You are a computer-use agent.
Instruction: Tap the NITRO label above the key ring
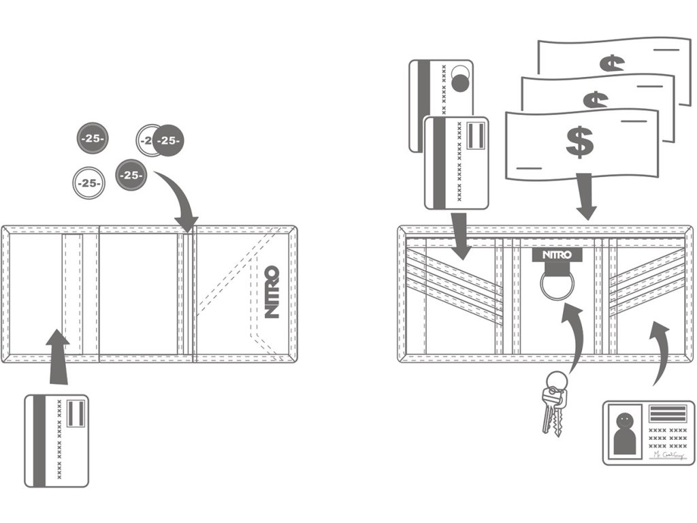click(x=552, y=255)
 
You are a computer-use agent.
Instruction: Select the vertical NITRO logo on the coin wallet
click(x=271, y=292)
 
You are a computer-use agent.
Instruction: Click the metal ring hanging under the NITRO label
click(x=553, y=285)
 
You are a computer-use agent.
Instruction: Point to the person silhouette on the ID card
click(x=626, y=436)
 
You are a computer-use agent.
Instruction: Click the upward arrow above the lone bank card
click(x=58, y=354)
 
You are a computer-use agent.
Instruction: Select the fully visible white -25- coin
click(x=88, y=183)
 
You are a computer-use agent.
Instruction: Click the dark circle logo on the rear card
click(x=460, y=84)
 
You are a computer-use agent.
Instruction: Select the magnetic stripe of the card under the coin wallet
click(x=39, y=441)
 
